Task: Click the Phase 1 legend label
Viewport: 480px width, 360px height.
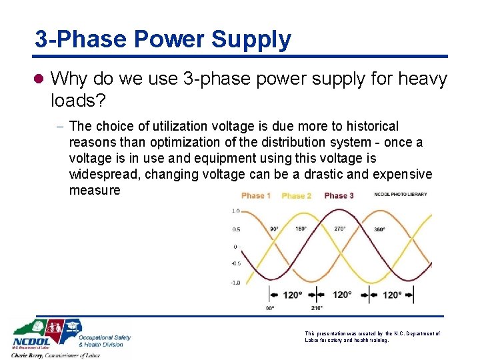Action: click(256, 195)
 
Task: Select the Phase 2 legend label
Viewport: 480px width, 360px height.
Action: click(297, 195)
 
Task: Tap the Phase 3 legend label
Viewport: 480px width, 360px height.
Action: click(339, 195)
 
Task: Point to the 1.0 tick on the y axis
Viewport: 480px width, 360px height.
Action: click(235, 211)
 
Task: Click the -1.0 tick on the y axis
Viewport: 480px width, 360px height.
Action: click(235, 282)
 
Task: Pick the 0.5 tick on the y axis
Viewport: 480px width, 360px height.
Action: click(235, 229)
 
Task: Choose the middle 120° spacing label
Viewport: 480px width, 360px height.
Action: click(342, 294)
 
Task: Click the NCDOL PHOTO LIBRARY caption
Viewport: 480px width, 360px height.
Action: click(400, 194)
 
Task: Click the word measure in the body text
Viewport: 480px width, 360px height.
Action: click(95, 190)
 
